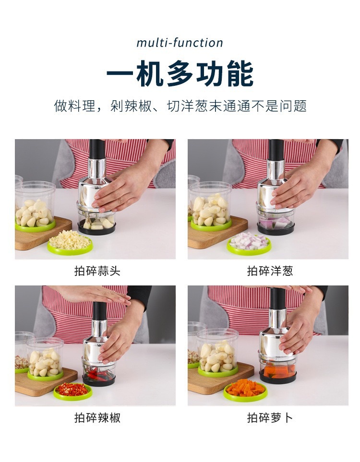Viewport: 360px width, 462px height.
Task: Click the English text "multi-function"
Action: (180, 43)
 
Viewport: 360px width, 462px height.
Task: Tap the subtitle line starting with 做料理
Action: (180, 106)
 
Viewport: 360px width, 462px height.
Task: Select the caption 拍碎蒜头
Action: (97, 272)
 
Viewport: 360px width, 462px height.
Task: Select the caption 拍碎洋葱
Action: (270, 272)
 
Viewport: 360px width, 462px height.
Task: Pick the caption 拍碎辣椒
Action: (97, 418)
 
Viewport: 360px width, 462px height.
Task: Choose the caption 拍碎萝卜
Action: (270, 418)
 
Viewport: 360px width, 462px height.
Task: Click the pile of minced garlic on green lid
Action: (70, 239)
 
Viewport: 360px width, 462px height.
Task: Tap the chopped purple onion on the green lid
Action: (248, 241)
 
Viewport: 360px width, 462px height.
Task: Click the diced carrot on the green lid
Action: (245, 388)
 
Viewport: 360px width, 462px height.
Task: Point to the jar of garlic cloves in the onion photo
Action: (210, 206)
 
